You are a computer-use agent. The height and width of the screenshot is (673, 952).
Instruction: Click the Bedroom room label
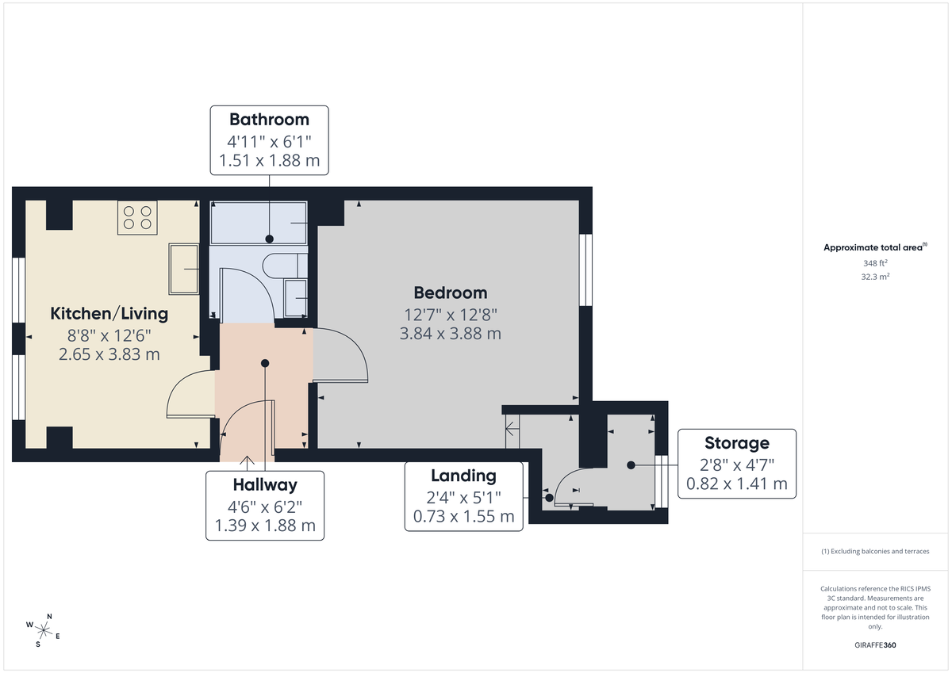point(450,293)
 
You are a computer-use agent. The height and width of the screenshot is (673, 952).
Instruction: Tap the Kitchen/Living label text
point(109,313)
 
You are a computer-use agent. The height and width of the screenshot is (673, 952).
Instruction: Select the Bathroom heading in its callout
point(269,120)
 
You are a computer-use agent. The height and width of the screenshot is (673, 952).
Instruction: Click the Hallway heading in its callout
point(265,484)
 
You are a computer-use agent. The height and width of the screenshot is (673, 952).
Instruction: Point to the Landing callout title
point(463,476)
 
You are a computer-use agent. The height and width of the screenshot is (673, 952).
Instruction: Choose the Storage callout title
point(737,442)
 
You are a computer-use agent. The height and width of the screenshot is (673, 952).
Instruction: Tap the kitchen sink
point(184,270)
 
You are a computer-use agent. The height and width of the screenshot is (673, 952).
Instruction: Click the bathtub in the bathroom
point(259,223)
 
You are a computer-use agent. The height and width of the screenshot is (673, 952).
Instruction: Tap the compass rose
point(44,630)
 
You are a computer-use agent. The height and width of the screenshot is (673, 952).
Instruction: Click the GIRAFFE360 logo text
point(875,645)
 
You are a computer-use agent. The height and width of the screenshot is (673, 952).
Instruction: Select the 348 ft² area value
point(875,263)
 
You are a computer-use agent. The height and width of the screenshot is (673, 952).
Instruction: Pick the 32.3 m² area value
point(875,277)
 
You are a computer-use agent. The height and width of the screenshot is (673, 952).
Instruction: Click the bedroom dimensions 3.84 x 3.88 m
point(450,334)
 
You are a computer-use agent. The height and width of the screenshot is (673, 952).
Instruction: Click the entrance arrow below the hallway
point(248,461)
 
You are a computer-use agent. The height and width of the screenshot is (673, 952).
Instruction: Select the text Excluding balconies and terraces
point(875,551)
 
